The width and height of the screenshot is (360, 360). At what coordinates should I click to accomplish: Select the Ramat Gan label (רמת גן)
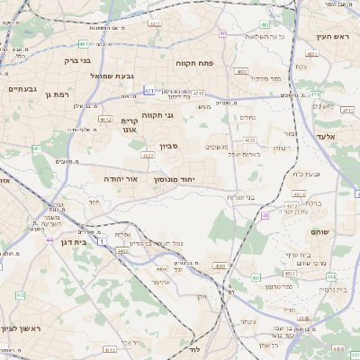click(x=56, y=94)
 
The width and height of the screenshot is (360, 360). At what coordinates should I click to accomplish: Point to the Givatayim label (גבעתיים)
click(x=22, y=89)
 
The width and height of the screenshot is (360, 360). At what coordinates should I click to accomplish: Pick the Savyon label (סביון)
click(x=170, y=146)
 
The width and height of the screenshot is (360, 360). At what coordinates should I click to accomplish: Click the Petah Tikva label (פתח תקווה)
click(x=198, y=65)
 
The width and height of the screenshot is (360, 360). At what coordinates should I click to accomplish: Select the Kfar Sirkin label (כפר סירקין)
click(x=266, y=79)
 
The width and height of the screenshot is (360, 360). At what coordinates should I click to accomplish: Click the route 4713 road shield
click(x=198, y=94)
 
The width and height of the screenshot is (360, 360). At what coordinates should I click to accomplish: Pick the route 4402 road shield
click(x=122, y=250)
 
